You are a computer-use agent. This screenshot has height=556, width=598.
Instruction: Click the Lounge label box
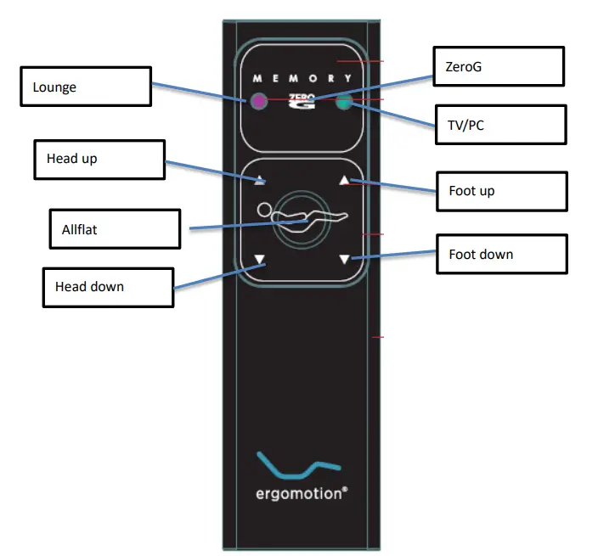click(x=87, y=87)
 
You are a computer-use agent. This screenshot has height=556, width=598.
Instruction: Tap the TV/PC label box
click(x=500, y=125)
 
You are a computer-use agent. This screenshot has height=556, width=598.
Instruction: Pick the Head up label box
click(x=99, y=160)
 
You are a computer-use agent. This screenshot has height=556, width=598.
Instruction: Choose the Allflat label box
click(x=115, y=229)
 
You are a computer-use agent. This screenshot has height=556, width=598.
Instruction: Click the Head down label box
click(x=109, y=287)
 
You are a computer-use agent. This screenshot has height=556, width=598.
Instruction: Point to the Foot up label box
click(x=501, y=190)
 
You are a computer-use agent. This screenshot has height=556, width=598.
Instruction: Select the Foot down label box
click(x=501, y=254)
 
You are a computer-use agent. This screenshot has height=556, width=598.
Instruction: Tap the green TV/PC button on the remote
click(x=344, y=104)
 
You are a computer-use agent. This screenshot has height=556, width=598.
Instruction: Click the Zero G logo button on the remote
click(x=302, y=102)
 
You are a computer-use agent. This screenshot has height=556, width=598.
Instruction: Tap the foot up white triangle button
click(x=344, y=180)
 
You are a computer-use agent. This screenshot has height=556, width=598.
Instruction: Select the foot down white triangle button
click(x=344, y=260)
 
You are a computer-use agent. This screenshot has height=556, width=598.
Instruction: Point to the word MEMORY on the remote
click(x=302, y=78)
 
